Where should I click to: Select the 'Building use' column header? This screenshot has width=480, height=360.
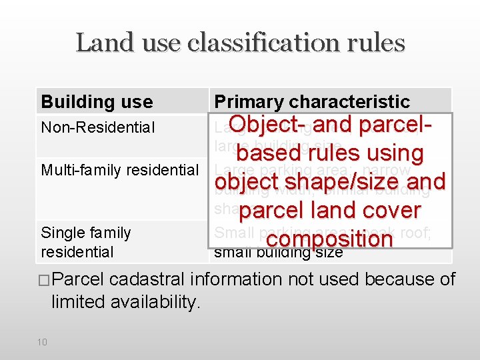coord(97,102)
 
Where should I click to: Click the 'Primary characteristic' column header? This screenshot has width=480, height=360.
coord(311,102)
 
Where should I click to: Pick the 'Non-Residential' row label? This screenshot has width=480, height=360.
coord(97,127)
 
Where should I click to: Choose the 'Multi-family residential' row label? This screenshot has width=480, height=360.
coord(120,170)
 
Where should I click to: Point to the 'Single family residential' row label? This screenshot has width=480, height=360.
coord(85,242)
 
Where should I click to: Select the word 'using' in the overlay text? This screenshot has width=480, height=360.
coord(391,154)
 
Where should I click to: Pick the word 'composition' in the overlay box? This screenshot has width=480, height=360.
coord(329,238)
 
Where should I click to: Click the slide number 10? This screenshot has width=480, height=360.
coord(42,342)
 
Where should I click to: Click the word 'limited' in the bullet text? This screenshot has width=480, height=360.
coord(76,302)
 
